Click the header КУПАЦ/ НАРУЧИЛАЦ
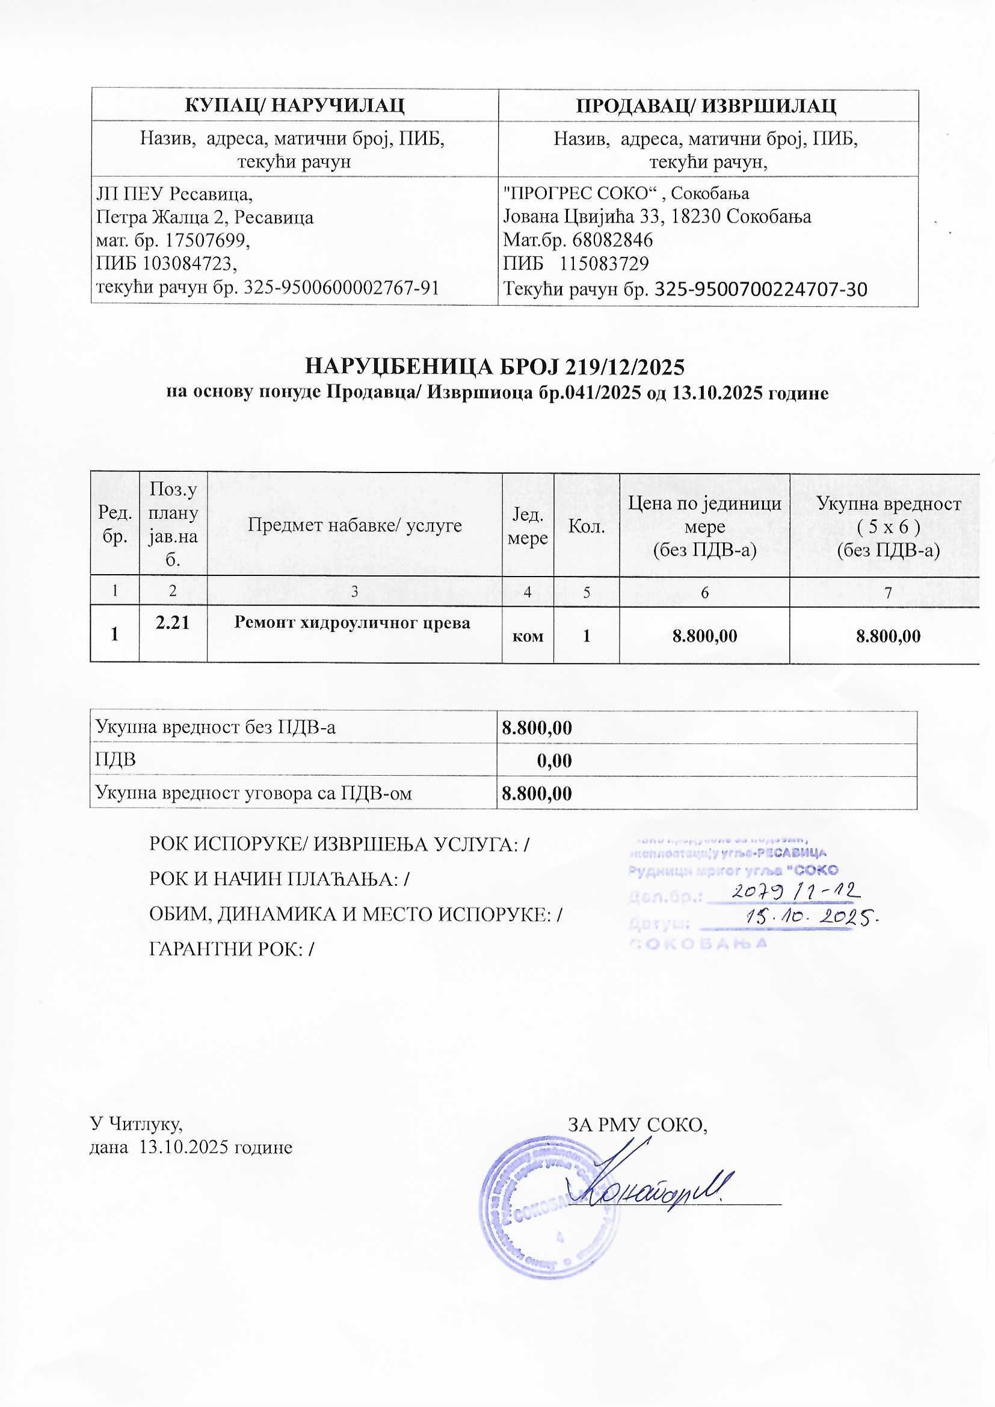[x=294, y=105]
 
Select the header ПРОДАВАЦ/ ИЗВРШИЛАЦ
[x=707, y=105]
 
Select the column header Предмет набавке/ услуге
[x=355, y=525]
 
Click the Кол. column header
[x=587, y=526]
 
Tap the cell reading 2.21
[x=173, y=623]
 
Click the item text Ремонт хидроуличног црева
[x=353, y=623]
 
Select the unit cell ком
[x=527, y=635]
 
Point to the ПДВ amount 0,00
[x=554, y=761]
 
